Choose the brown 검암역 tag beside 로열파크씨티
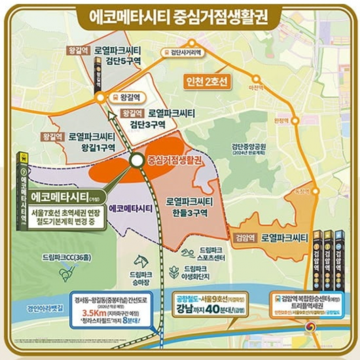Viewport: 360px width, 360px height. pyautogui.click(x=243, y=232)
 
